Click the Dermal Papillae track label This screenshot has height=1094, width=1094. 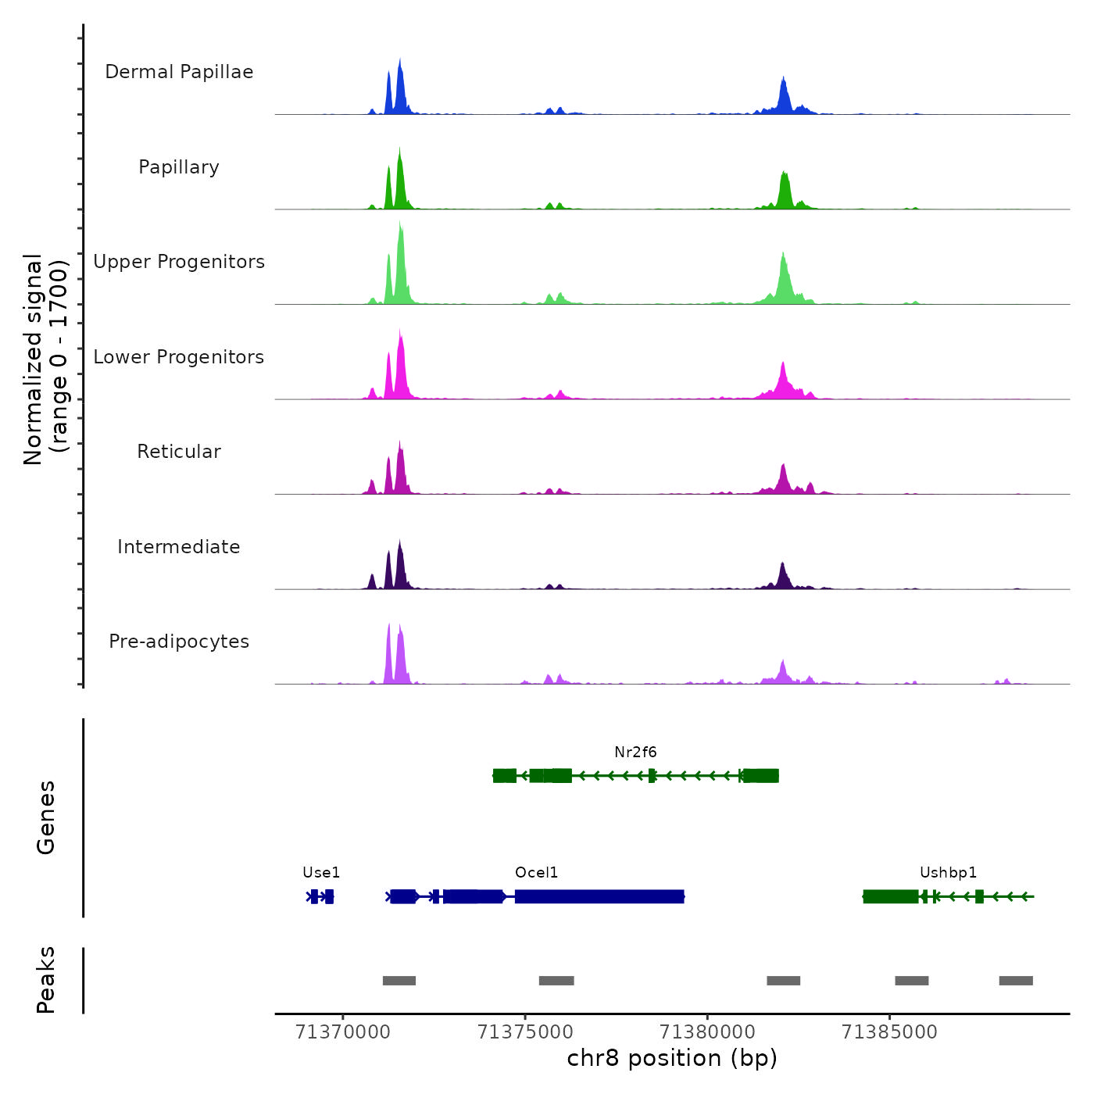tap(179, 72)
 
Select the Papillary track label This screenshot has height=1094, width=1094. tap(179, 167)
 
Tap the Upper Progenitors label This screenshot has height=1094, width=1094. tap(179, 262)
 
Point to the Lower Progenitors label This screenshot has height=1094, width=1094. tap(179, 357)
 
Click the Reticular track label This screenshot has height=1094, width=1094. tap(179, 452)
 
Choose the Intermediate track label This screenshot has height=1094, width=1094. tap(179, 547)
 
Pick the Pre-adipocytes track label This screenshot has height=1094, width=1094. tap(179, 642)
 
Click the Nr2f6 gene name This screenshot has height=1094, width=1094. tap(635, 753)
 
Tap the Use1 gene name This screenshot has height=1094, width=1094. tap(321, 873)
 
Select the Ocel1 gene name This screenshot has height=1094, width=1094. tap(536, 873)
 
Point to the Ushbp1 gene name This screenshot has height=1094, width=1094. tap(948, 873)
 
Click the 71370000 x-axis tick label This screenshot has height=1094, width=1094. tap(342, 1032)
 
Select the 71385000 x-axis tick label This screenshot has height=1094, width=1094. tap(889, 1032)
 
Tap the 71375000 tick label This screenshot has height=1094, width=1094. tap(525, 1032)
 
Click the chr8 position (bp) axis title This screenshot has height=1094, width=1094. tap(672, 1058)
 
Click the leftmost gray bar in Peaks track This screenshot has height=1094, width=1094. tap(399, 981)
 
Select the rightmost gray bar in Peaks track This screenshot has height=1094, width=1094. tap(1016, 981)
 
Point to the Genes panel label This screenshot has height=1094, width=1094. tap(46, 817)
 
